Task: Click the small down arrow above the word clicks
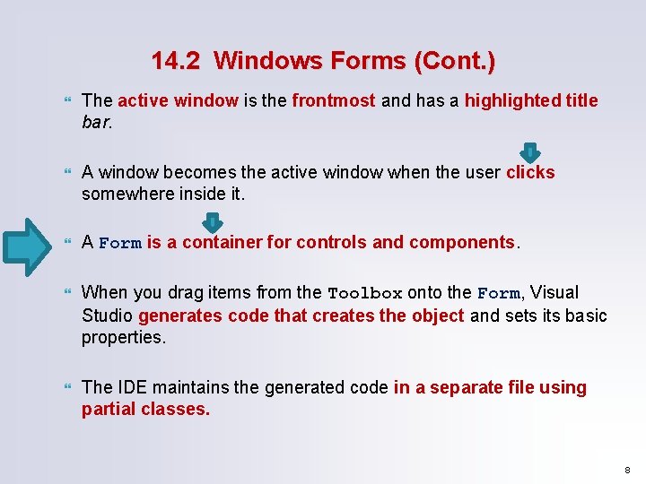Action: (x=530, y=152)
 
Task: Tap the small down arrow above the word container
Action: (x=213, y=221)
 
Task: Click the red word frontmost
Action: (x=333, y=100)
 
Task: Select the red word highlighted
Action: (x=512, y=100)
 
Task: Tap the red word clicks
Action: (x=530, y=172)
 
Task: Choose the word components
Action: (x=462, y=243)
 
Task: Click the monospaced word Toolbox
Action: (x=365, y=293)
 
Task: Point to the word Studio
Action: (x=108, y=315)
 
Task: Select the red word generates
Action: (x=176, y=315)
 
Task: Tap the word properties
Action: (x=122, y=337)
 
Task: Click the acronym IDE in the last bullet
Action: (x=128, y=387)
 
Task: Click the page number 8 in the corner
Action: (x=628, y=469)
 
